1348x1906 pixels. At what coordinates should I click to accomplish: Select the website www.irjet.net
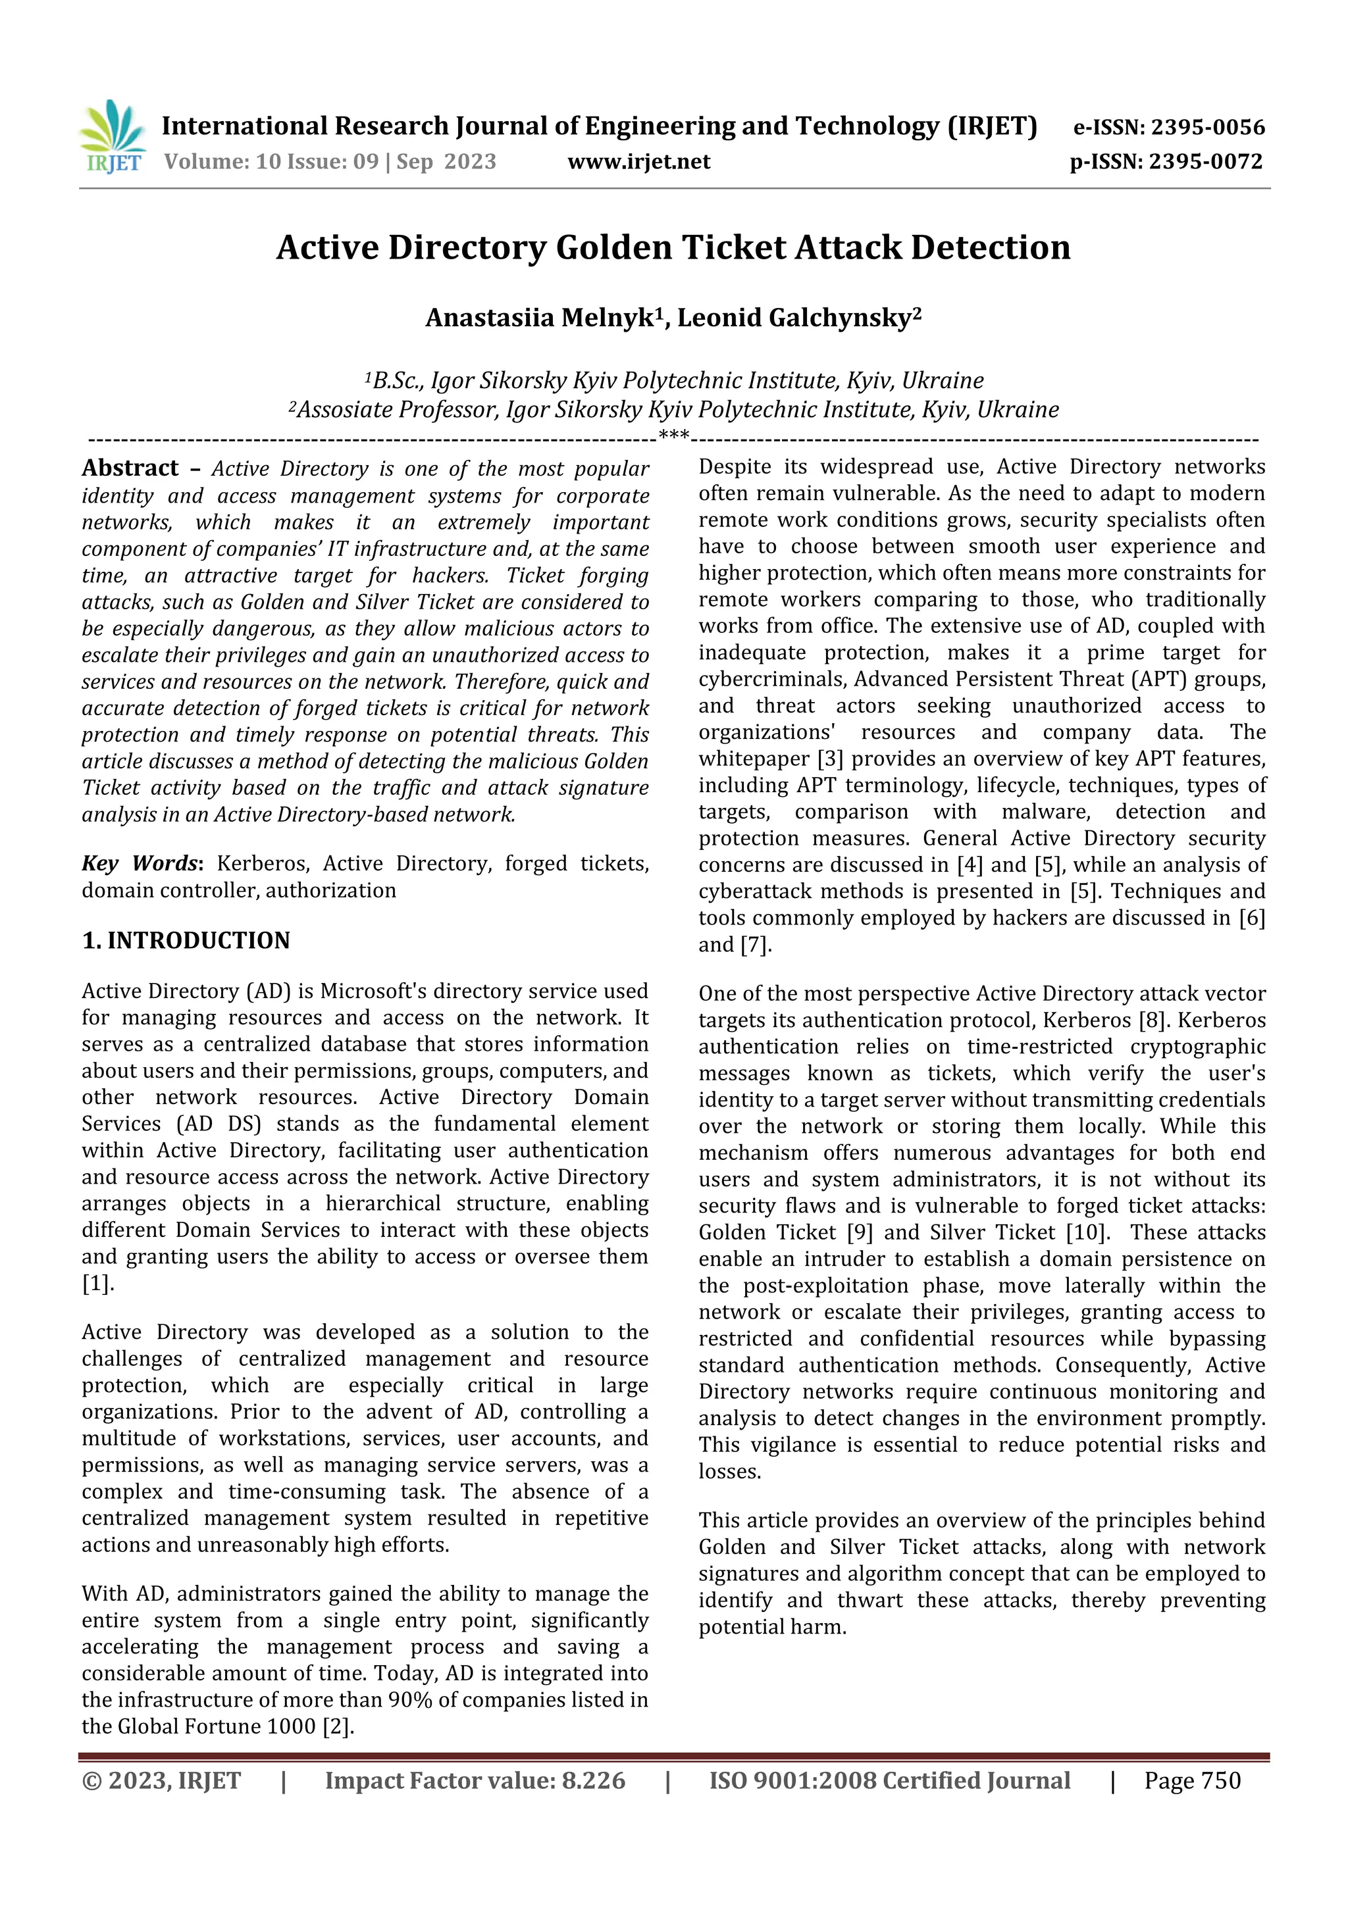pos(638,162)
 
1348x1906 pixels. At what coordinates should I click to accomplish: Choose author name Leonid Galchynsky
pos(795,318)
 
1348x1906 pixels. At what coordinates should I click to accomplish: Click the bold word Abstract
pos(130,468)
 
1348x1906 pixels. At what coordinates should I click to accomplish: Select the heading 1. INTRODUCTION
pos(186,941)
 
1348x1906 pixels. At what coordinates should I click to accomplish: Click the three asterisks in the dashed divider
pos(673,435)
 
